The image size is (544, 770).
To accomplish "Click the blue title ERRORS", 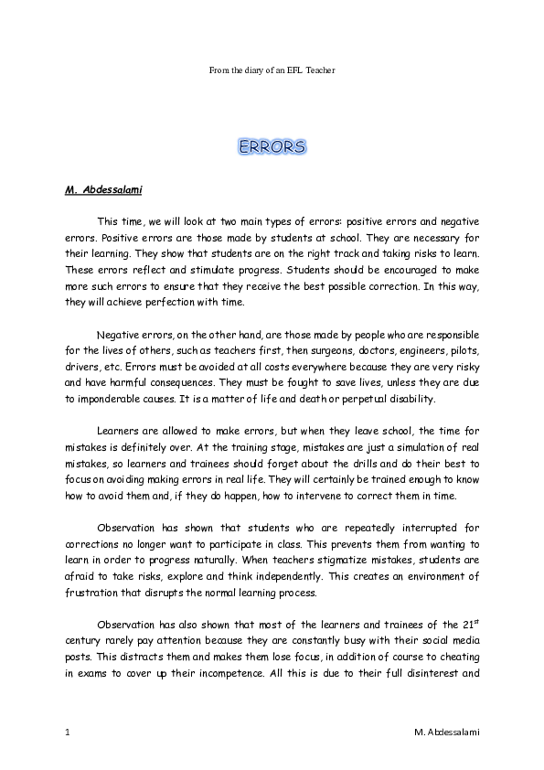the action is coord(272,146).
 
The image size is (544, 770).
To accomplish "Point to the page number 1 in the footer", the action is coord(69,733).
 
